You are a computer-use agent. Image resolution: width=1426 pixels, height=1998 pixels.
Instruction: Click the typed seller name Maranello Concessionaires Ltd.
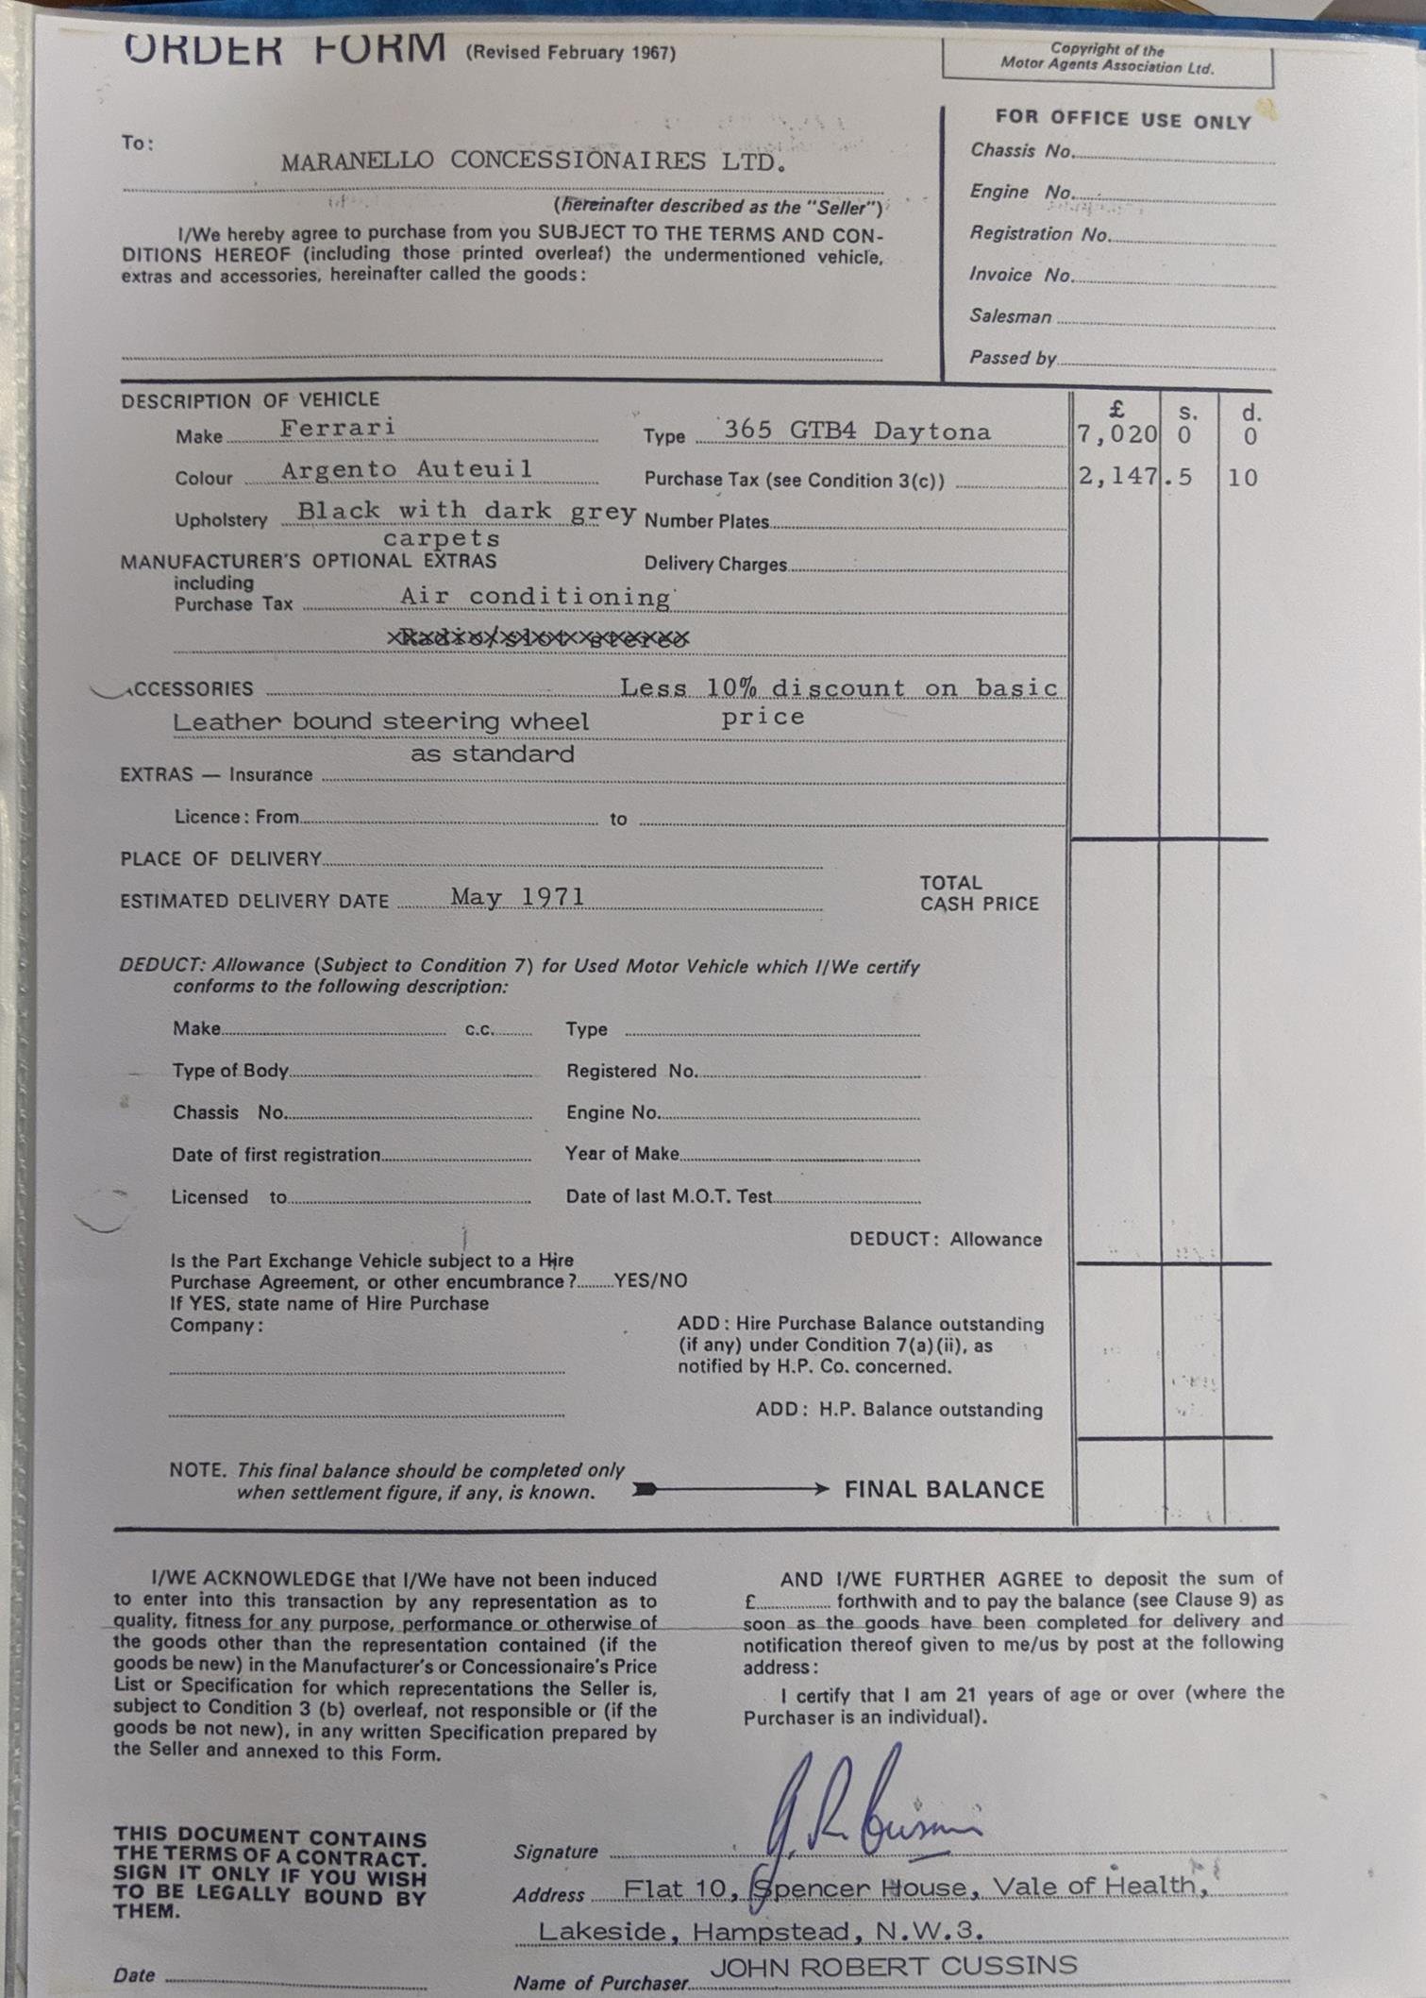click(532, 161)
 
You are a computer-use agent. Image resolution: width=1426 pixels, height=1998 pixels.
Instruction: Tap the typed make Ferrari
click(337, 428)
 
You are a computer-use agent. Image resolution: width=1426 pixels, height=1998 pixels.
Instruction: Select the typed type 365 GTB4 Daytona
click(857, 431)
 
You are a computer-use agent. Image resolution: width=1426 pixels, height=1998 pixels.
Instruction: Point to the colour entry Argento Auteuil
click(407, 469)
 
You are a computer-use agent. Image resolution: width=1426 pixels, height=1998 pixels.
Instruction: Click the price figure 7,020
click(1116, 434)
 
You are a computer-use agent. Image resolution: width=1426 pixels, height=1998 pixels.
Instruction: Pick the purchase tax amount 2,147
click(1117, 477)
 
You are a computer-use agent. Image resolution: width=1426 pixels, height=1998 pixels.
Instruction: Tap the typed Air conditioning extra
click(535, 597)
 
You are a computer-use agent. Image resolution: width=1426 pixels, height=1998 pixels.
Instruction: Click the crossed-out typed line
click(538, 638)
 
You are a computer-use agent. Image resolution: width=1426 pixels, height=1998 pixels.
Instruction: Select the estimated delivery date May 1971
click(517, 896)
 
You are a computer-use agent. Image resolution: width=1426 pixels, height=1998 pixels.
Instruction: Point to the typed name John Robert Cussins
click(893, 1966)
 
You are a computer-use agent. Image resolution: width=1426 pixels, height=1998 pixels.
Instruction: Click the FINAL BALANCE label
click(944, 1489)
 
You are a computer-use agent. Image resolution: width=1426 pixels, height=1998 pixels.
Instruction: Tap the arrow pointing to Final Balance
click(731, 1489)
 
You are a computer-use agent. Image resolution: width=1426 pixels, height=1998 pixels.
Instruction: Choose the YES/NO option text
click(650, 1280)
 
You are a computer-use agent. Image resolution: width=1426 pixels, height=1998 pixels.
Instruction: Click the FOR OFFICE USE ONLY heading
click(1122, 119)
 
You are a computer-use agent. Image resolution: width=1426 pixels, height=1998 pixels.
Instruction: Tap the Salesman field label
click(1010, 316)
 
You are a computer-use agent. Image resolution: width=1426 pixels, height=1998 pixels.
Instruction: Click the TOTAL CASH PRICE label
click(979, 892)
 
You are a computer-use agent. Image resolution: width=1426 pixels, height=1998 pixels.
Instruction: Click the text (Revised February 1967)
click(570, 53)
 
